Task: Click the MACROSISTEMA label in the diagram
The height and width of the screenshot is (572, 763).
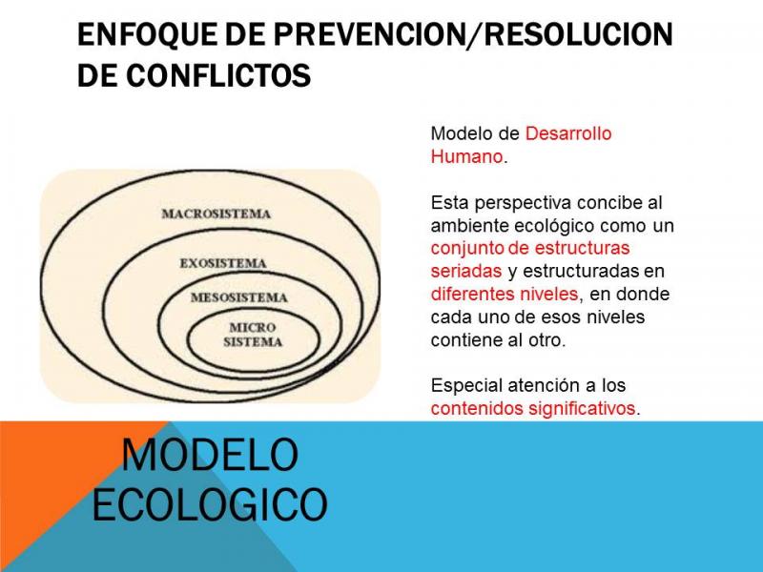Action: pos(217,214)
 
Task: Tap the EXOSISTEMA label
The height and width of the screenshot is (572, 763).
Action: pos(223,263)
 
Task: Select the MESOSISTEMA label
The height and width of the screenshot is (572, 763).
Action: pos(239,297)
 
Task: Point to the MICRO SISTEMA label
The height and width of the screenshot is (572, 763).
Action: pos(253,335)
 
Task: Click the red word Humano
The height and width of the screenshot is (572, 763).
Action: pos(466,156)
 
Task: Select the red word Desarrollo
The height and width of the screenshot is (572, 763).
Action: pos(568,133)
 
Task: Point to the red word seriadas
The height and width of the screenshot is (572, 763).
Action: pos(465,271)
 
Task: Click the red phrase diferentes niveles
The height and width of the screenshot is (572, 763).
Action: pos(505,294)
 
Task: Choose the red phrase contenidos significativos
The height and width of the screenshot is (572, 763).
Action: pos(533,408)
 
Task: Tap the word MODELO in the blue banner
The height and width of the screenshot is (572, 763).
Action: pos(209,455)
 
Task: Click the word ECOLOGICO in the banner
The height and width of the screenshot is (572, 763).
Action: pos(210,504)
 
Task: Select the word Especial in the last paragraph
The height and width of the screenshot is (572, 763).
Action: pos(466,386)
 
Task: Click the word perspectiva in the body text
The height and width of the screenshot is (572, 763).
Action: pos(522,203)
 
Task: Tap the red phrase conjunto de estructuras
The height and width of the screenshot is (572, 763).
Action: pos(530,248)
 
